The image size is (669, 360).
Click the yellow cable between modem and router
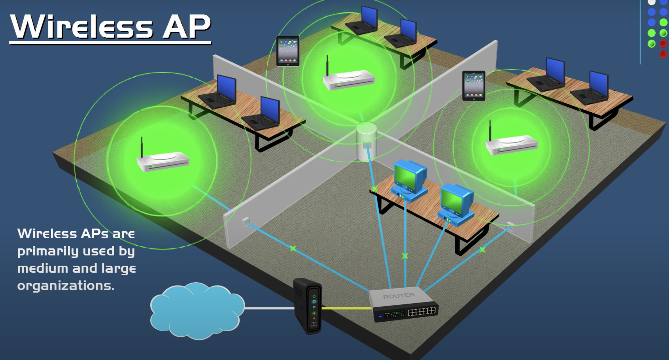pos(345,308)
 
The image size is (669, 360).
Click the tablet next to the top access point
pos(288,51)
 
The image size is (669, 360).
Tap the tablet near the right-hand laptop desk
pos(474,86)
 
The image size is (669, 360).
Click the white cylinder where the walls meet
pos(366,141)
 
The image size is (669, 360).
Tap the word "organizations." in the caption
pos(66,286)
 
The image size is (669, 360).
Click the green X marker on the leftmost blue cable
pos(293,249)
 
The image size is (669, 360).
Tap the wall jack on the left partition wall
pos(245,221)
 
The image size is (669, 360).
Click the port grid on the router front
pos(422,311)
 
